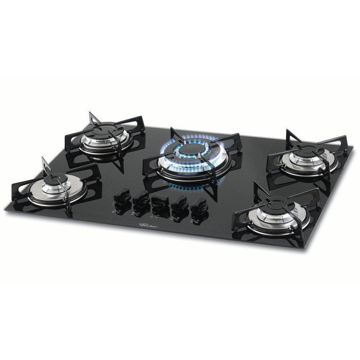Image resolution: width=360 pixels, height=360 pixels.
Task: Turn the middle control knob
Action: pyautogui.click(x=158, y=201)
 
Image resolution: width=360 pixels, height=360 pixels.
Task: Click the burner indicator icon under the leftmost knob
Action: pyautogui.click(x=118, y=211)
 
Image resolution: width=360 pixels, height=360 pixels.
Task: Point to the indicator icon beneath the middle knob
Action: pyautogui.click(x=157, y=215)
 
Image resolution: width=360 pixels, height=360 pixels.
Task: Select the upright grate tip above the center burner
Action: pyautogui.click(x=173, y=130)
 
